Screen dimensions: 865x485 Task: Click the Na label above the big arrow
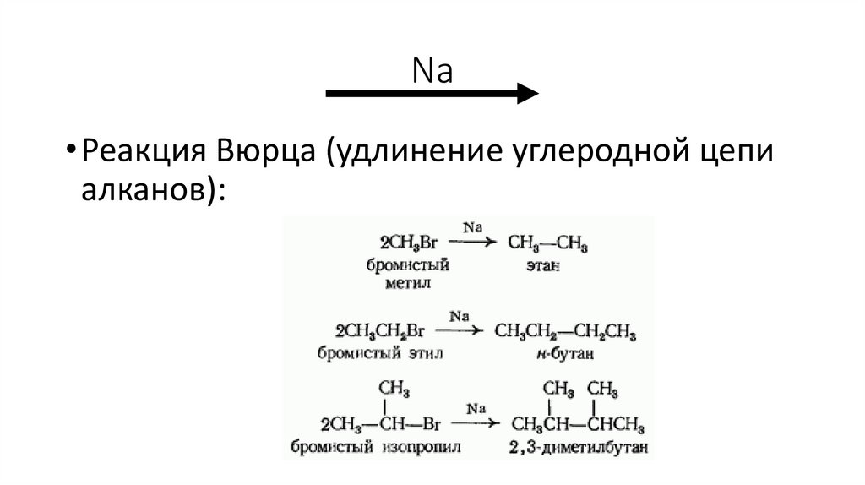(432, 71)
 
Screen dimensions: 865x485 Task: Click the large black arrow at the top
(432, 93)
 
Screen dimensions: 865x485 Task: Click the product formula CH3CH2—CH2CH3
(565, 330)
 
